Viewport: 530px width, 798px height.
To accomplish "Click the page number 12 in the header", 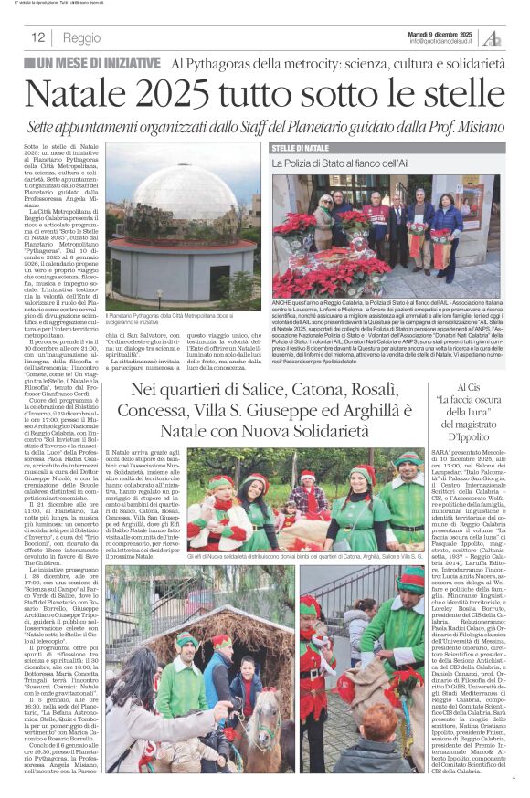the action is [38, 37].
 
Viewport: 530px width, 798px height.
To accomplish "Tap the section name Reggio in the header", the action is [82, 37].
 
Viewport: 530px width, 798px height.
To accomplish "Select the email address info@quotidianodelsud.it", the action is [440, 41].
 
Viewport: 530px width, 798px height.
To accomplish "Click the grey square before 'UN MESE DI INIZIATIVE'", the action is [29, 64].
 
